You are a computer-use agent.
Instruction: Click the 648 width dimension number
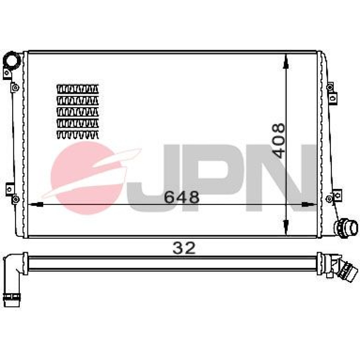181,197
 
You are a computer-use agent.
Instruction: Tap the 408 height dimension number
278,141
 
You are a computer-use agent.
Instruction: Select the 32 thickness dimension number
184,248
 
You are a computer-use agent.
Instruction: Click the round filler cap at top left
12,60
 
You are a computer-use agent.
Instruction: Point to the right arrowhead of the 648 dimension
309,204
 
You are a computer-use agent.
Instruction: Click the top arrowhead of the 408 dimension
285,61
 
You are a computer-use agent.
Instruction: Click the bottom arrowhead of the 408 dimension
285,227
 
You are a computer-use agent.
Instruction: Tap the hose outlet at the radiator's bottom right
346,228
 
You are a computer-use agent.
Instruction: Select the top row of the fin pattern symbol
78,89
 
